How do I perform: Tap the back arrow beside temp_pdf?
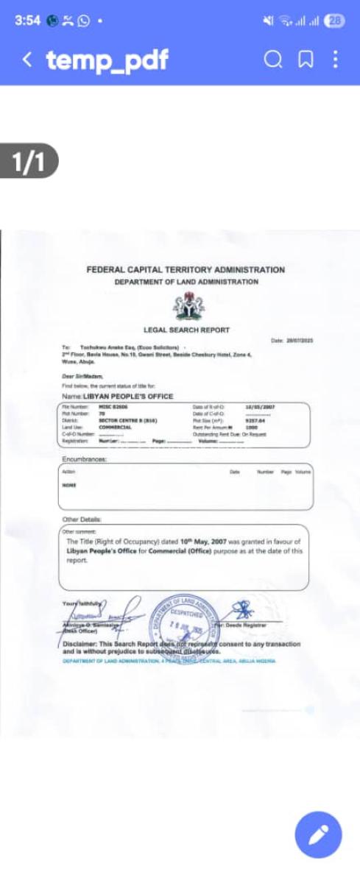(x=27, y=60)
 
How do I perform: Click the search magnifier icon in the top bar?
(x=273, y=60)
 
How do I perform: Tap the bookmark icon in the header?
(x=305, y=60)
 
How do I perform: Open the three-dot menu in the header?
(x=336, y=60)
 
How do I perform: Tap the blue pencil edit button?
(x=318, y=837)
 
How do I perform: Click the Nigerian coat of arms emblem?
(x=186, y=304)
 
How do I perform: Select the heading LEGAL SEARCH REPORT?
(x=186, y=330)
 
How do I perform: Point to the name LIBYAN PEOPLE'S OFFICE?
(x=128, y=396)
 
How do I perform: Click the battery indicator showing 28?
(x=336, y=21)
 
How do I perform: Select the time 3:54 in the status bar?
(x=27, y=21)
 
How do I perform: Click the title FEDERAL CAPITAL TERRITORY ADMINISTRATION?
(x=186, y=270)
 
